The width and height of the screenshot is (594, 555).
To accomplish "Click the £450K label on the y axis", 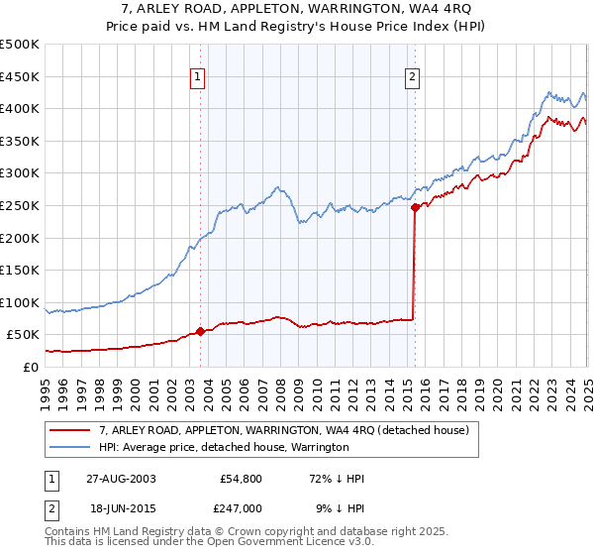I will point(20,76).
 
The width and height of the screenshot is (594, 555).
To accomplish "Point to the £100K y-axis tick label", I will point(20,302).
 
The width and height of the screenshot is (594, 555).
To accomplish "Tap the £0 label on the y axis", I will point(30,367).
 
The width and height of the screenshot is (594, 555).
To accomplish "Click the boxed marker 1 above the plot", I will point(198,77).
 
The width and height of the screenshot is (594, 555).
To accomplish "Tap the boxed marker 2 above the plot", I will point(412,77).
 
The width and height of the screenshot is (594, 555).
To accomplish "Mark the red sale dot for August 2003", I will point(201,331).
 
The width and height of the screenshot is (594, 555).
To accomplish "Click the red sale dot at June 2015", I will point(415,207).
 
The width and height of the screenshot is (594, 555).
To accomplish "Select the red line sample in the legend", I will point(70,430).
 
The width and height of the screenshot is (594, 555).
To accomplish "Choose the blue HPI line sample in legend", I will point(70,447).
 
